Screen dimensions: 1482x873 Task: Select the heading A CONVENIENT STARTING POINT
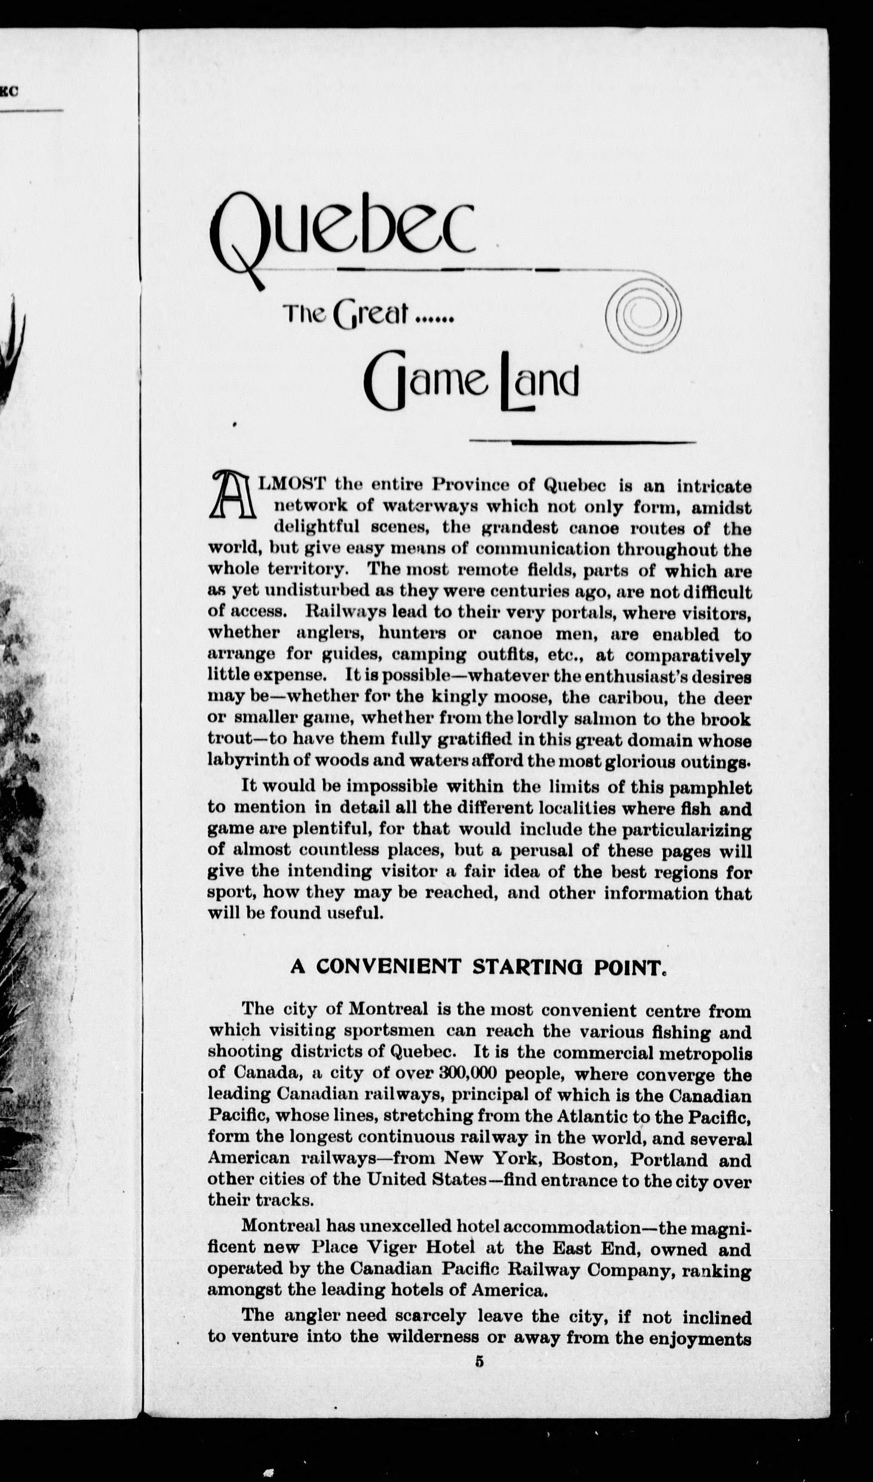478,967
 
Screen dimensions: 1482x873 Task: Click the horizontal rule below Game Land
582,442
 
